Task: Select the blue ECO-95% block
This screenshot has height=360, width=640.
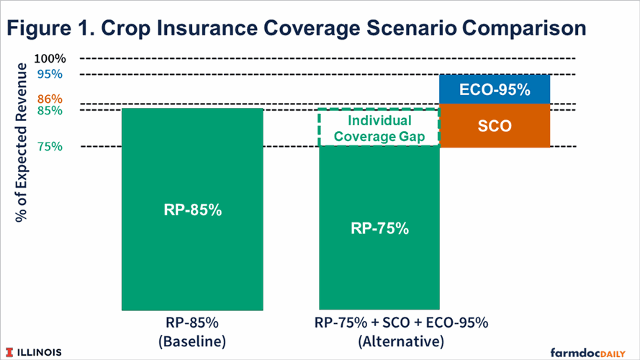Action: [x=495, y=90]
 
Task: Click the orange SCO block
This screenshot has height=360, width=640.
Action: [x=495, y=125]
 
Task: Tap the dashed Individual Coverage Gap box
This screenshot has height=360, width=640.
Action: [x=379, y=128]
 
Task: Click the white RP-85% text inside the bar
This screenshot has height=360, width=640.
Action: [x=192, y=212]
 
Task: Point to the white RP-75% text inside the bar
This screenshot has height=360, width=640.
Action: [x=379, y=229]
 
